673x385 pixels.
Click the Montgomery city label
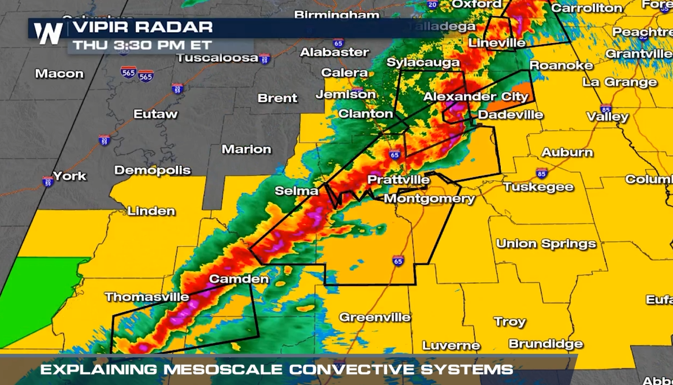pyautogui.click(x=429, y=199)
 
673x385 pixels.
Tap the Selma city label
pyautogui.click(x=296, y=190)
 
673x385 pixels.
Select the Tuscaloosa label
pyautogui.click(x=217, y=58)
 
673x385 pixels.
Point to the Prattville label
pyautogui.click(x=399, y=180)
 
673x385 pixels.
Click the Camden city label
pyautogui.click(x=239, y=279)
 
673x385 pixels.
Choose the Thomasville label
pyautogui.click(x=147, y=297)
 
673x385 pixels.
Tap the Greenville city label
pyautogui.click(x=374, y=317)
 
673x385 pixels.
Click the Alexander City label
pyautogui.click(x=475, y=96)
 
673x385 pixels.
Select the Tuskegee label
pyautogui.click(x=538, y=187)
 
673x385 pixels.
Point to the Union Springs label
pyautogui.click(x=546, y=244)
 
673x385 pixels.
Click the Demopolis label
pyautogui.click(x=153, y=170)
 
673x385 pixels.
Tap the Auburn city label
pyautogui.click(x=567, y=152)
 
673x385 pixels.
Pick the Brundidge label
pyautogui.click(x=545, y=344)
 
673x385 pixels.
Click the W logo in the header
pyautogui.click(x=47, y=33)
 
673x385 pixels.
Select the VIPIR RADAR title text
pyautogui.click(x=143, y=27)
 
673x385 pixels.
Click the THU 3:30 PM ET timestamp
pyautogui.click(x=142, y=45)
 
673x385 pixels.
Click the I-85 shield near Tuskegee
pyautogui.click(x=541, y=173)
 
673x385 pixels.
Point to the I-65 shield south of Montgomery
pyautogui.click(x=398, y=260)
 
